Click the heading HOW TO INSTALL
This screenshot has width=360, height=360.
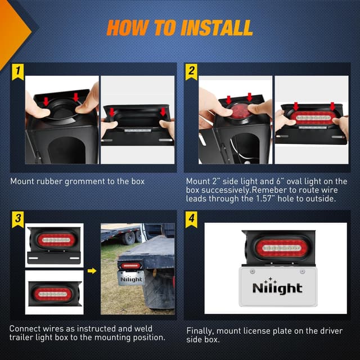[179, 27]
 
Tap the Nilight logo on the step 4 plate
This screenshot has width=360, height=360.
[277, 286]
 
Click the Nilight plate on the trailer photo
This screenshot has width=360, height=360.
[130, 278]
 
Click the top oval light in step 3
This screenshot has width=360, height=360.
[56, 240]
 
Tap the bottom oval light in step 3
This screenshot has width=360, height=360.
[55, 293]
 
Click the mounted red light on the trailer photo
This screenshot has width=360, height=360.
[131, 265]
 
